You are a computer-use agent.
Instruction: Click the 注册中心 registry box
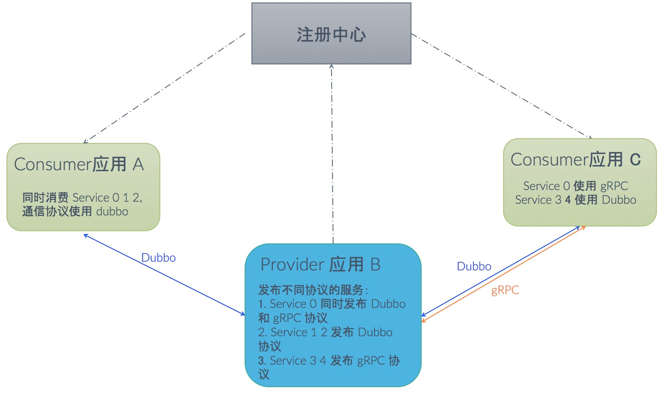click(x=331, y=34)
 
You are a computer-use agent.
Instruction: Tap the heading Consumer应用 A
click(x=79, y=164)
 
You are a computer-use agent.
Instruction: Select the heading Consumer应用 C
click(x=576, y=160)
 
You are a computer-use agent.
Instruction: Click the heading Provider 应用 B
click(x=320, y=264)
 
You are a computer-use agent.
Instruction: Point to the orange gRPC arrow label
click(x=505, y=290)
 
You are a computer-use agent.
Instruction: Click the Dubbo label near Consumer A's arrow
click(x=158, y=258)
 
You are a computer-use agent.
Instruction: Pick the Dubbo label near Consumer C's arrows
click(x=474, y=267)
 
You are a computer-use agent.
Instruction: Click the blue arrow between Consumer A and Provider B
click(x=164, y=275)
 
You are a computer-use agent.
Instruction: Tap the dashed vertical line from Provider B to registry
click(x=332, y=155)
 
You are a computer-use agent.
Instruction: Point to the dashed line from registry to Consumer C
click(x=501, y=86)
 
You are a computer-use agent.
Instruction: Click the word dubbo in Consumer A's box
click(x=112, y=212)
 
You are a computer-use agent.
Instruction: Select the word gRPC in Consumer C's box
click(x=614, y=186)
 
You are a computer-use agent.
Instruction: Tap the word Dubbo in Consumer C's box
click(x=619, y=200)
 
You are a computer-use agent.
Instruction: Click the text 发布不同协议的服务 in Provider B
click(x=311, y=290)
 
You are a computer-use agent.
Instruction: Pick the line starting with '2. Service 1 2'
click(x=325, y=332)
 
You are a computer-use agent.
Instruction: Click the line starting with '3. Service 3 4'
click(x=329, y=361)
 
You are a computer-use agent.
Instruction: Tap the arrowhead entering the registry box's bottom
click(x=331, y=67)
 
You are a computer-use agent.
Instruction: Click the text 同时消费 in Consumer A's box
click(x=45, y=198)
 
